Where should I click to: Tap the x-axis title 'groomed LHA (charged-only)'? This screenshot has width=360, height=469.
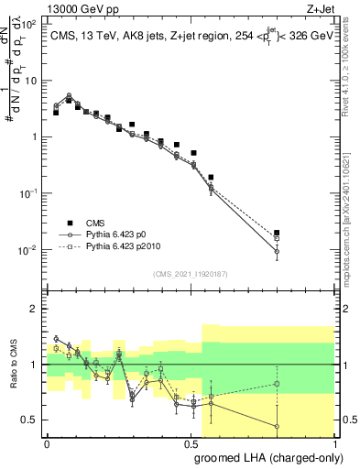pyautogui.click(x=266, y=457)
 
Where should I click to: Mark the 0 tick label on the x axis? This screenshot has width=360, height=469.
pyautogui.click(x=47, y=442)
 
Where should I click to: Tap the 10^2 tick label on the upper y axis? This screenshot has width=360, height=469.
pyautogui.click(x=30, y=25)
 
